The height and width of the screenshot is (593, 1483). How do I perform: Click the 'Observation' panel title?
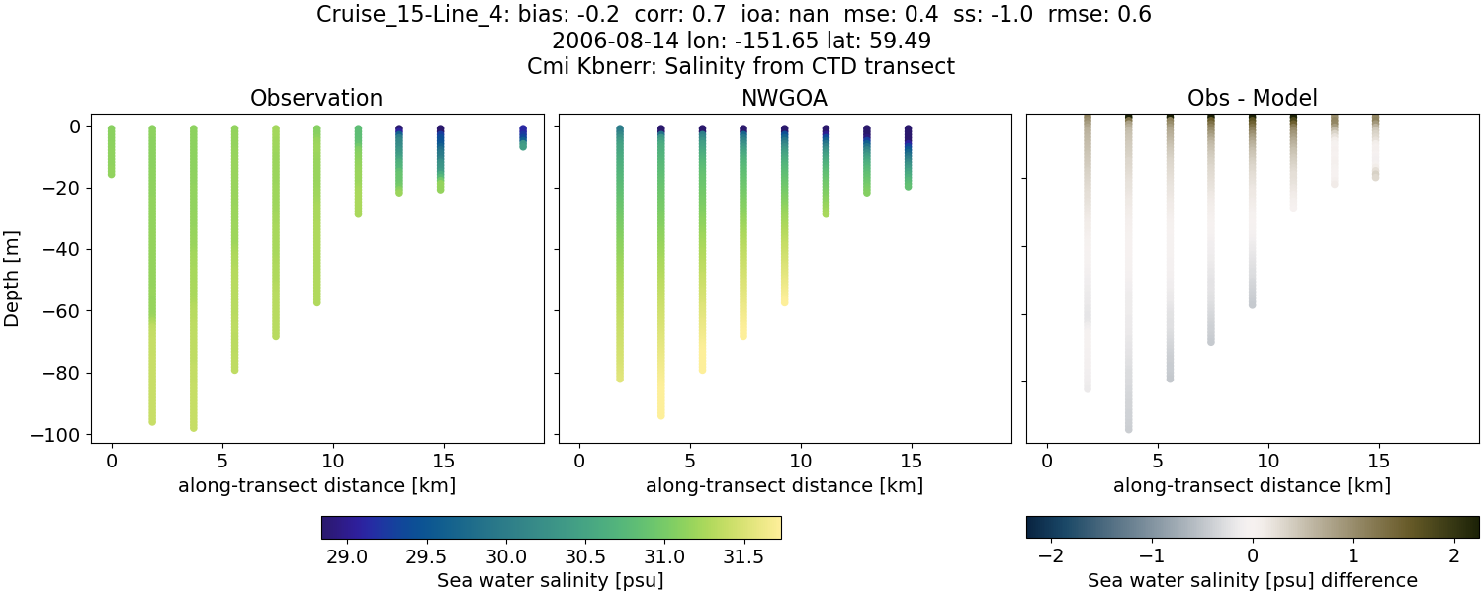tap(316, 98)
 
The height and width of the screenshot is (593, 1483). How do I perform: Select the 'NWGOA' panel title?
tap(784, 98)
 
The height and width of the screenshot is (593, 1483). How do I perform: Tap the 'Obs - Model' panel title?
tap(1252, 98)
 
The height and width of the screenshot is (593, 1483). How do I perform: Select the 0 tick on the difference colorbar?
tap(1253, 555)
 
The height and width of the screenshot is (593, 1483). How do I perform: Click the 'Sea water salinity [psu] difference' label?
tap(1252, 580)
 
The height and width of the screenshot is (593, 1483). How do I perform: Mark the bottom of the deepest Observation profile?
tap(194, 426)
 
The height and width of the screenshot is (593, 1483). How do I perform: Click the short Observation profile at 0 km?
tap(112, 151)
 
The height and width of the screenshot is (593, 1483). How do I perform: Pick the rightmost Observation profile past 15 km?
tap(523, 137)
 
